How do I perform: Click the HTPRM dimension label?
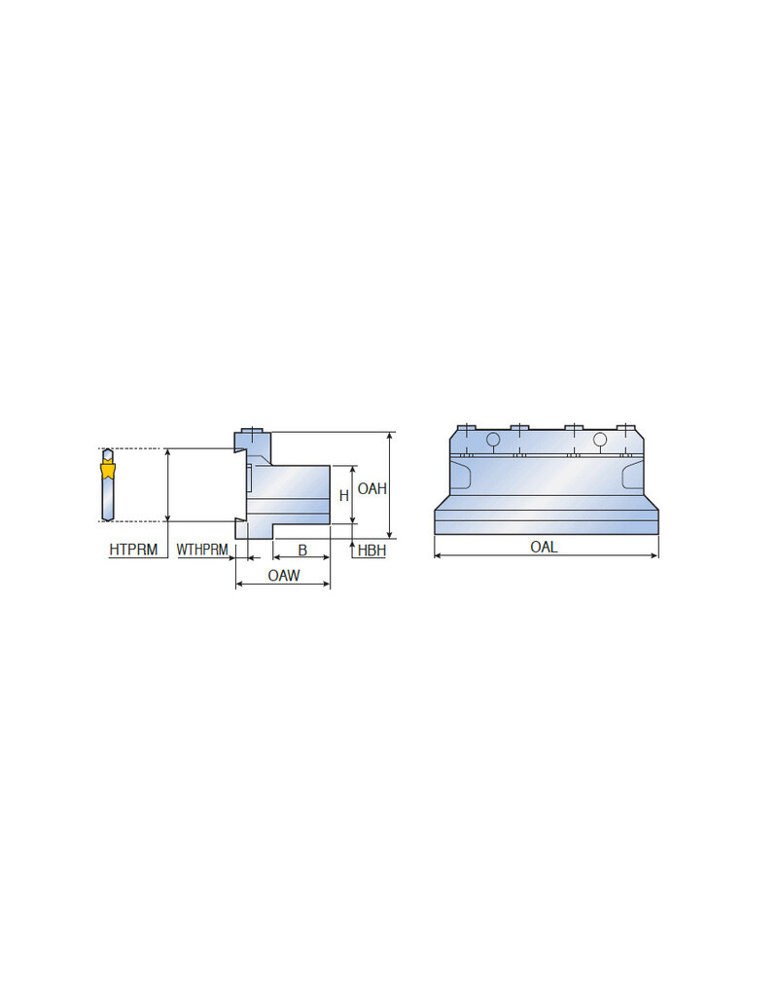pos(133,550)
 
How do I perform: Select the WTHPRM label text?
pos(202,550)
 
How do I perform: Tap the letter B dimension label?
pos(302,551)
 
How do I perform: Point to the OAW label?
pos(283,576)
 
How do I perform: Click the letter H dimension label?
pos(344,495)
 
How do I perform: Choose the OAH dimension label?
pos(371,488)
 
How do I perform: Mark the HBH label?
pos(371,551)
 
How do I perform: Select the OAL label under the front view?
pos(544,547)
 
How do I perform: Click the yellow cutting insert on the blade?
pos(108,471)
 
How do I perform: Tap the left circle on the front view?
pos(493,439)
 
